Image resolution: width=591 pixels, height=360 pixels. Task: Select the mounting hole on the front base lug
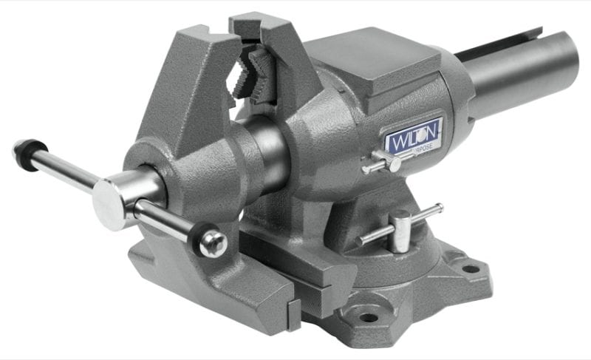[367, 317]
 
